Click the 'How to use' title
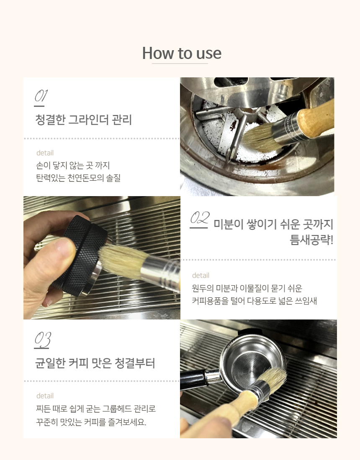(x=182, y=53)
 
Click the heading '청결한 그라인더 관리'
(x=84, y=120)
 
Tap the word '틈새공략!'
(x=311, y=240)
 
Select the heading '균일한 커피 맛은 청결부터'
(x=95, y=363)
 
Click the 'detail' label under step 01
(x=45, y=153)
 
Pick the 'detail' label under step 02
(x=201, y=276)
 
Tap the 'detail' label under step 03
(x=45, y=396)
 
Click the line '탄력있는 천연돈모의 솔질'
(x=78, y=178)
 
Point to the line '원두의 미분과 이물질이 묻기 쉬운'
(x=247, y=289)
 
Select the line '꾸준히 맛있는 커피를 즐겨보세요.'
(x=91, y=422)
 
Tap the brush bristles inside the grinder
(x=260, y=138)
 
